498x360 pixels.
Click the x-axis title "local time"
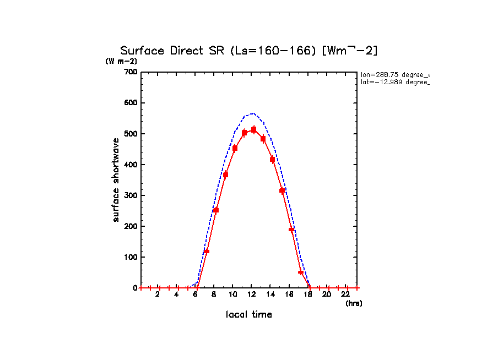pyautogui.click(x=249, y=315)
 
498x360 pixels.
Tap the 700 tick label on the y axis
pyautogui.click(x=131, y=72)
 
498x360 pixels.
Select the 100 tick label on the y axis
pyautogui.click(x=131, y=257)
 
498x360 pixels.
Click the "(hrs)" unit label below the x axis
pyautogui.click(x=354, y=303)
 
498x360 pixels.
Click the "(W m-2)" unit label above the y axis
pyautogui.click(x=121, y=62)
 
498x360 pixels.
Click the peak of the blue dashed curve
pyautogui.click(x=252, y=113)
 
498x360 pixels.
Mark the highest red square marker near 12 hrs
pyautogui.click(x=253, y=130)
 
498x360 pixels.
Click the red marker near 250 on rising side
pyautogui.click(x=216, y=210)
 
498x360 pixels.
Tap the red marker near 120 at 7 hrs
pyautogui.click(x=207, y=251)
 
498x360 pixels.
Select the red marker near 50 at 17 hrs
pyautogui.click(x=301, y=272)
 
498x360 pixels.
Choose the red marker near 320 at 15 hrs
pyautogui.click(x=282, y=190)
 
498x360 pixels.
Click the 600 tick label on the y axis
pyautogui.click(x=131, y=103)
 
